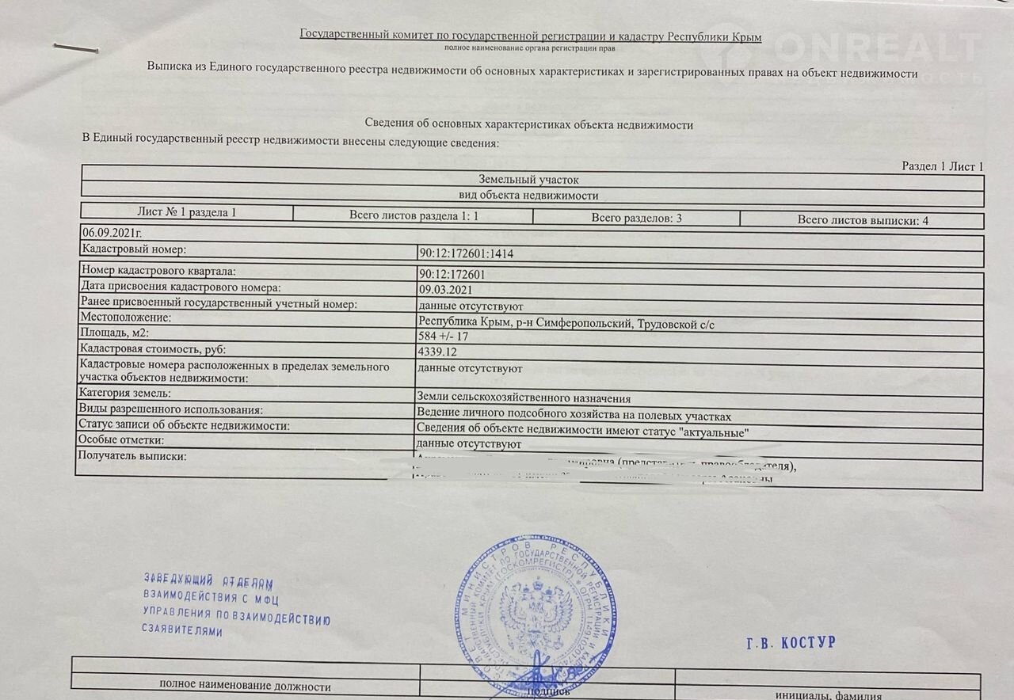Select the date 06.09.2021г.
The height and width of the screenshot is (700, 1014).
click(112, 234)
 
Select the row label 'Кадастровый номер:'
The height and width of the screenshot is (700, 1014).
click(133, 250)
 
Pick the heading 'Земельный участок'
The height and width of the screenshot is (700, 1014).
click(528, 181)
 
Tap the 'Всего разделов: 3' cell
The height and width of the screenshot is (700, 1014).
click(636, 218)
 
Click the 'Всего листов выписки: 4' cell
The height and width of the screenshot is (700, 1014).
click(862, 220)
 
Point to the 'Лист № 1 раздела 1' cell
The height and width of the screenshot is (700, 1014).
click(187, 212)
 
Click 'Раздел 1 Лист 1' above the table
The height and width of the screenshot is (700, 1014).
click(942, 166)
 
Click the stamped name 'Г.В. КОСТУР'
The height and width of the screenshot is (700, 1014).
click(790, 643)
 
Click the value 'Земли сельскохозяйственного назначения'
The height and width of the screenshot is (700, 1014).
click(524, 398)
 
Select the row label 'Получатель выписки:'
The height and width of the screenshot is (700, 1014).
click(132, 457)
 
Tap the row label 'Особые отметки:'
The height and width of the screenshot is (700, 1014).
click(121, 440)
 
